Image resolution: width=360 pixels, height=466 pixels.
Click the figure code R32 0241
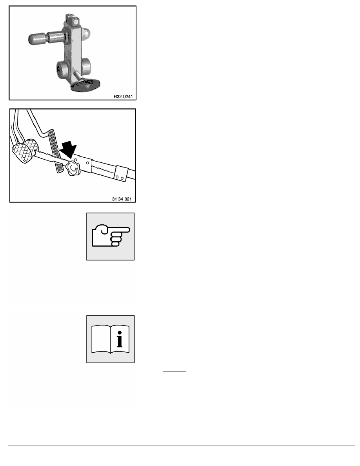123,95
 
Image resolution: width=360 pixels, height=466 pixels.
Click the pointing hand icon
110,236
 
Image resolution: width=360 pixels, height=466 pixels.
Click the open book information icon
110,339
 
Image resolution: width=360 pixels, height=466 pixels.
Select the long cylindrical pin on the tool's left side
44,38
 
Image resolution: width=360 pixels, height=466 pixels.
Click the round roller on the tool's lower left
63,69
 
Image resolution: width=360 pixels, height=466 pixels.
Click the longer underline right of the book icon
239,319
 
